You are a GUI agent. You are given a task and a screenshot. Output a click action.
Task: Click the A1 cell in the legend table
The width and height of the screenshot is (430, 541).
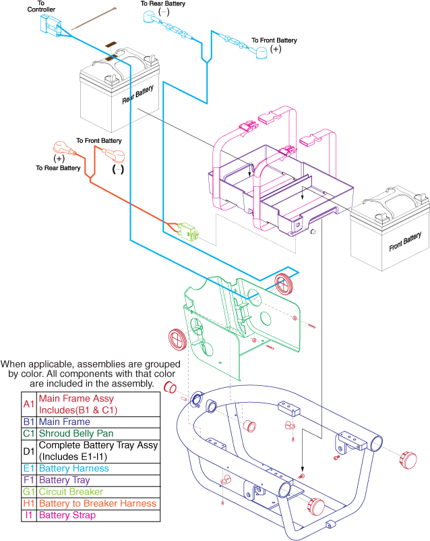click(28, 404)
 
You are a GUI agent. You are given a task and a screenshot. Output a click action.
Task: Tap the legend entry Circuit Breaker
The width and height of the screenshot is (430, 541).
click(71, 492)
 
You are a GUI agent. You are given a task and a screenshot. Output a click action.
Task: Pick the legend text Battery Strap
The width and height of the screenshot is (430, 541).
click(69, 515)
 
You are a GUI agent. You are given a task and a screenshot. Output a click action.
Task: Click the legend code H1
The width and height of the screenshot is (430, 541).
click(28, 503)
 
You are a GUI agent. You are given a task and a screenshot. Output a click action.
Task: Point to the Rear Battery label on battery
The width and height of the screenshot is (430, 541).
click(137, 95)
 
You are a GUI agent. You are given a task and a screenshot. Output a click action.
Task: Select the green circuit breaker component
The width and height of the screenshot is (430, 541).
click(187, 230)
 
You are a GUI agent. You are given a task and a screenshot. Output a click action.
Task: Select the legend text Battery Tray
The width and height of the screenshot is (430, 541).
click(67, 480)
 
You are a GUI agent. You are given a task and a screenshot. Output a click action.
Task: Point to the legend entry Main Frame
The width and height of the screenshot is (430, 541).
click(65, 422)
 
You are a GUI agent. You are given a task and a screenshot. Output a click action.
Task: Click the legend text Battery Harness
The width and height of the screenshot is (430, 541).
click(73, 468)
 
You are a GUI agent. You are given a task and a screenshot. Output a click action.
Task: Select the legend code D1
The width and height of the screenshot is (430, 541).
click(28, 451)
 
